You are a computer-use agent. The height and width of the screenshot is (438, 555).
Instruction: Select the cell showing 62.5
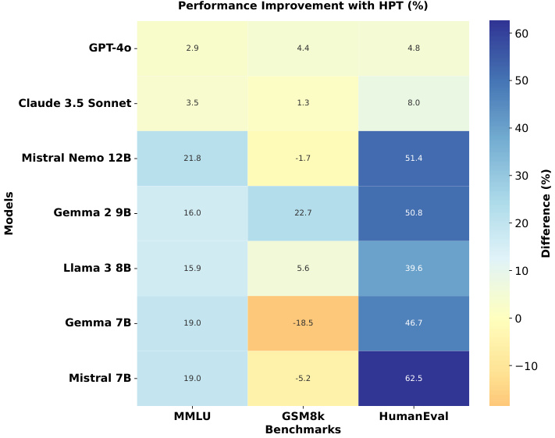pos(414,379)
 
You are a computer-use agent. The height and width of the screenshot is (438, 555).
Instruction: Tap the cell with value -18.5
pos(303,323)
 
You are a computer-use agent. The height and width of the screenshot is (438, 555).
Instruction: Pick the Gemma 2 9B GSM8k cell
pos(303,213)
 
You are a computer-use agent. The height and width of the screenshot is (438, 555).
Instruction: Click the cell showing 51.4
pos(414,158)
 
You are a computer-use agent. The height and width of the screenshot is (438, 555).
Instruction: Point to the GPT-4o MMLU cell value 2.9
pos(192,48)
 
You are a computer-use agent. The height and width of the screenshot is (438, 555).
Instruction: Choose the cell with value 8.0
pos(414,103)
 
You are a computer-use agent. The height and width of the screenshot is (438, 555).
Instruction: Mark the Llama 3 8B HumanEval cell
pos(414,269)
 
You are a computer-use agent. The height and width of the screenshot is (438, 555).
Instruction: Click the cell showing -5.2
pos(303,379)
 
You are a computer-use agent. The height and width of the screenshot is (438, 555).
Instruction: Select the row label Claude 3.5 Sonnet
pos(76,103)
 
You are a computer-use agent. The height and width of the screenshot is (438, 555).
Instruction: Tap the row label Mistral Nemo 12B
pos(76,158)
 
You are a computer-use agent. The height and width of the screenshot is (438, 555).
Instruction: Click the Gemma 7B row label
pos(98,323)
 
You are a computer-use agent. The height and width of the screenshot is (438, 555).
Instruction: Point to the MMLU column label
pos(192,417)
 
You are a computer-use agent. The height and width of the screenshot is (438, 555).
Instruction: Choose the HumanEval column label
pos(414,417)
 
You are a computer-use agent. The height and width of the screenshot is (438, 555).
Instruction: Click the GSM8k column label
pos(303,417)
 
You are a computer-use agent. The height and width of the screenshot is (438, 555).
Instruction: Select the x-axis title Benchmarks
pos(303,429)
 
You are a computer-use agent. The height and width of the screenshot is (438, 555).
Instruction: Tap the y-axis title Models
pos(9,213)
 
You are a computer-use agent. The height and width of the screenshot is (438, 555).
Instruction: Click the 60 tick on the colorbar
pos(521,34)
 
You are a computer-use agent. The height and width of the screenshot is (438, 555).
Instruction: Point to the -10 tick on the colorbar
pos(525,366)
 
